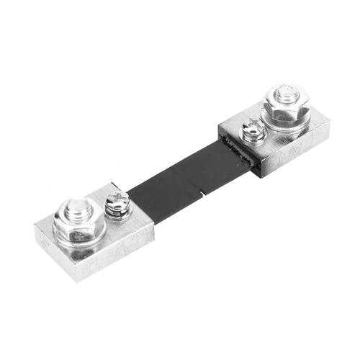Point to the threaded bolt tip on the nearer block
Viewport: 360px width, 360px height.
click(77, 211)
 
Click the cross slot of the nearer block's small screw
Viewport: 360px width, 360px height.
click(117, 199)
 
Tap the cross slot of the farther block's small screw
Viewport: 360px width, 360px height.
click(251, 127)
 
